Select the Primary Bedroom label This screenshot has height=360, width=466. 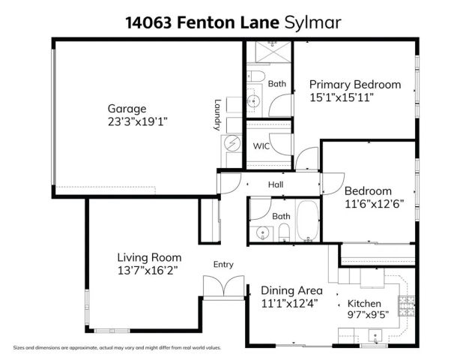pos(354,84)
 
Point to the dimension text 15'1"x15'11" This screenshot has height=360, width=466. pos(342,97)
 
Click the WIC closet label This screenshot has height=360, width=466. pos(260,145)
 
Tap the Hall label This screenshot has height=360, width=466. pos(276,184)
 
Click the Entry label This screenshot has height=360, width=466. pos(223,264)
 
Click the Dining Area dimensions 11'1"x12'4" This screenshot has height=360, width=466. pos(291,303)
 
